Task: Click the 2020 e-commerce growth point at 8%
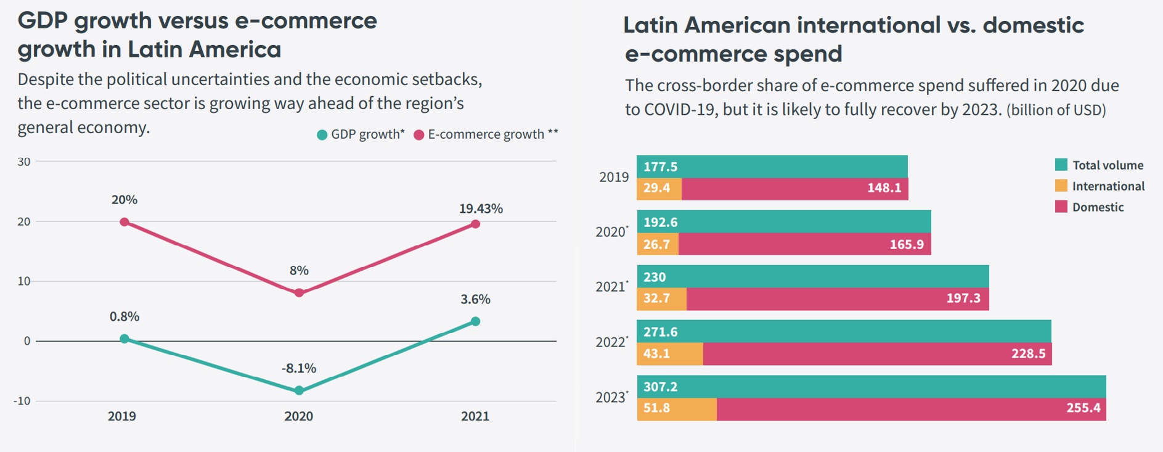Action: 299,293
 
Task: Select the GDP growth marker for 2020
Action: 299,390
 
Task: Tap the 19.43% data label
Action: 481,209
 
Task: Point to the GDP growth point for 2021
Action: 475,321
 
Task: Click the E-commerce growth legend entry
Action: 486,134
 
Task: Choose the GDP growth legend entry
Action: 361,134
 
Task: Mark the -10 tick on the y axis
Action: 22,401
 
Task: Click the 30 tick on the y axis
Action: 24,162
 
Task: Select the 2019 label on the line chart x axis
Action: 122,416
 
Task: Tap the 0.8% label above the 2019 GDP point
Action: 124,317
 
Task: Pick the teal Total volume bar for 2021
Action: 812,276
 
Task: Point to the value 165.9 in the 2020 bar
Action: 907,245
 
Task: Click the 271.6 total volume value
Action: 660,332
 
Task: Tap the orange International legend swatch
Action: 1061,186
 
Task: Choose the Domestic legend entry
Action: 1097,207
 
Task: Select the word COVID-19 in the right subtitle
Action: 680,110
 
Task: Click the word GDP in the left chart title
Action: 42,21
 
